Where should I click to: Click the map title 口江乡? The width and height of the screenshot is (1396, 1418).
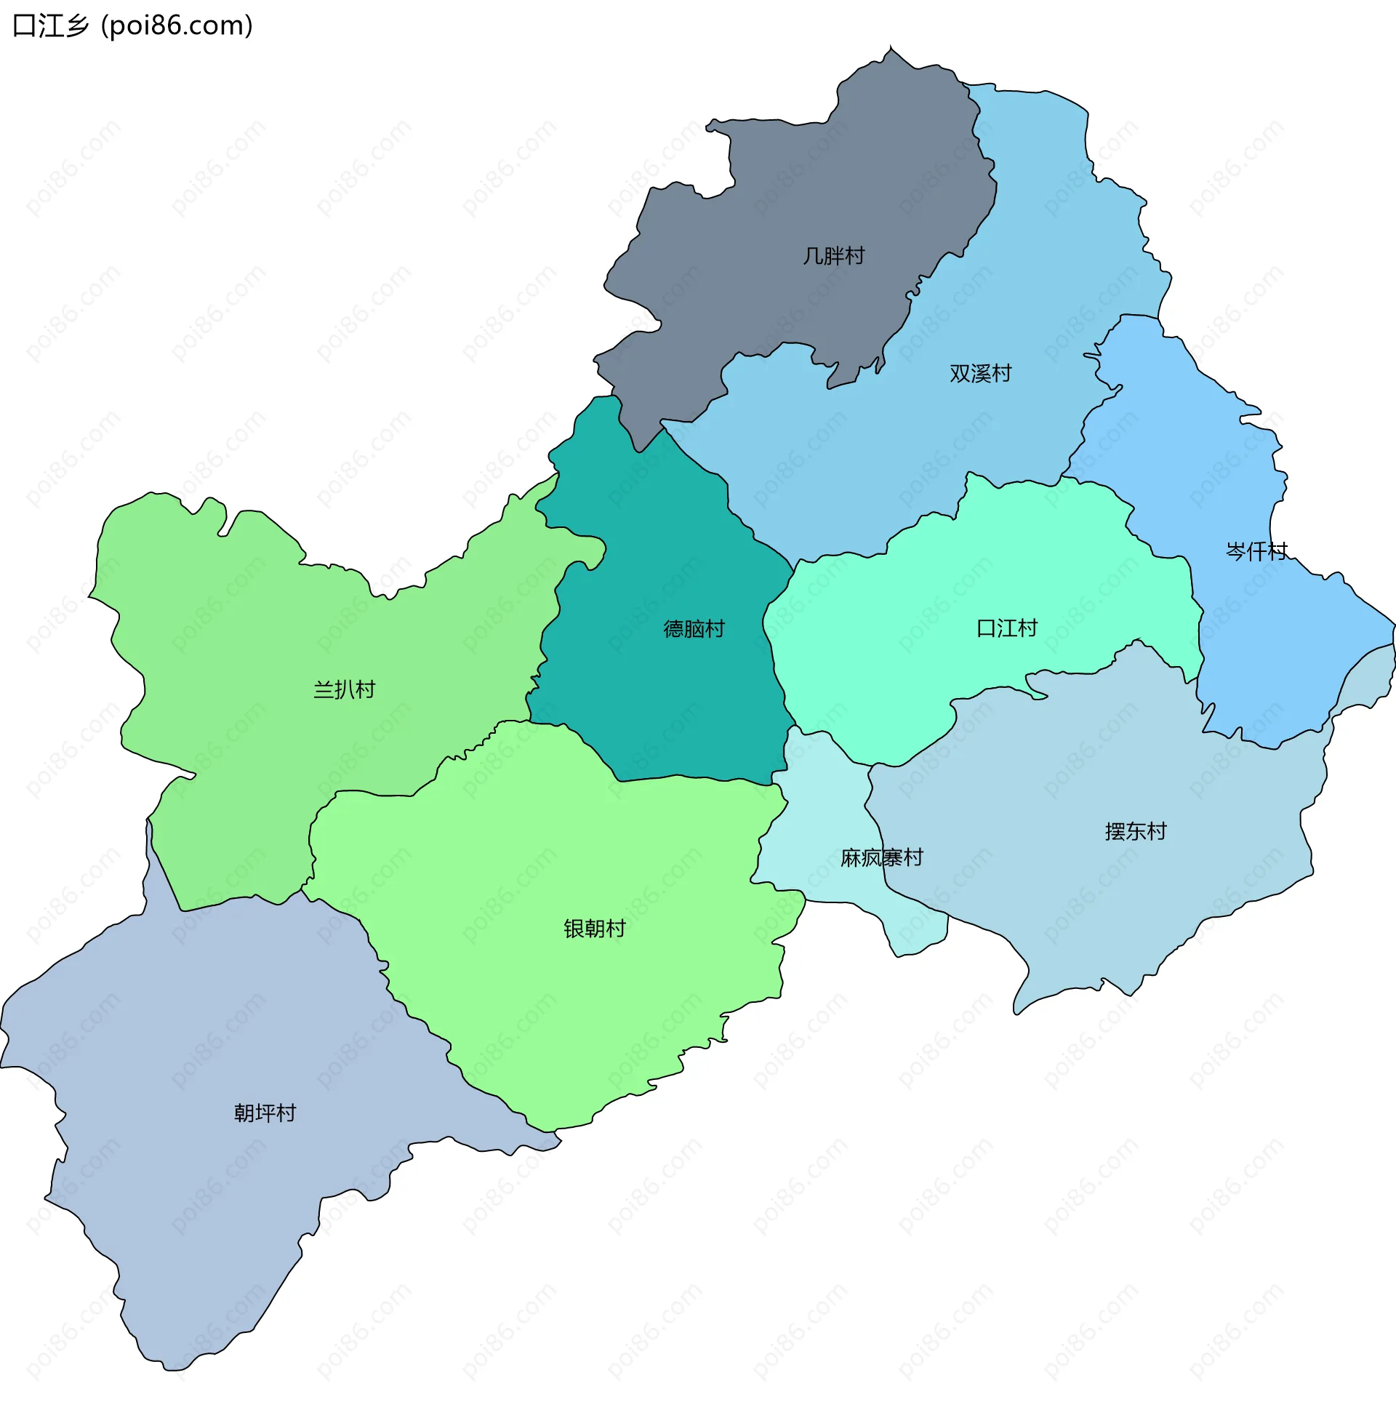[x=51, y=25]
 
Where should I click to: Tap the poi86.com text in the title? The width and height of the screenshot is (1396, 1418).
[x=177, y=25]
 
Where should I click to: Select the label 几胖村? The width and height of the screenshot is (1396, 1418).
[x=834, y=256]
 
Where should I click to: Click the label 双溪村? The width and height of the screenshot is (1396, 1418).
[x=980, y=373]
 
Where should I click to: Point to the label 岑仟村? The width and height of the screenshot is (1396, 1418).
[x=1256, y=550]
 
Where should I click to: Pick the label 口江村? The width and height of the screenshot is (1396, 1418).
[x=1007, y=628]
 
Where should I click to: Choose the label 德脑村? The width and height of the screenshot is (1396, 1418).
[x=694, y=628]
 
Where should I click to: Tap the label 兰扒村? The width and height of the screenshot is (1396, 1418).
[x=344, y=689]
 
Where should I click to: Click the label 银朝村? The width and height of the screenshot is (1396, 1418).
[x=594, y=928]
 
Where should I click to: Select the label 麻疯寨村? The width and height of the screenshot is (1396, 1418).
[x=881, y=857]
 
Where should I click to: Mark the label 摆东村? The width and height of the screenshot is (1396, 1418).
[x=1135, y=830]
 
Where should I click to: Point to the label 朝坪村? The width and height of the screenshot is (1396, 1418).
[x=265, y=1113]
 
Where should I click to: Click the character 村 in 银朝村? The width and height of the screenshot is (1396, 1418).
[x=615, y=928]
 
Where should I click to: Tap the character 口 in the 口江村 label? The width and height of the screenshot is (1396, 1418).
[x=986, y=628]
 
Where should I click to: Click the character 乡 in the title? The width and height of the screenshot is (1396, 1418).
[x=76, y=25]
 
